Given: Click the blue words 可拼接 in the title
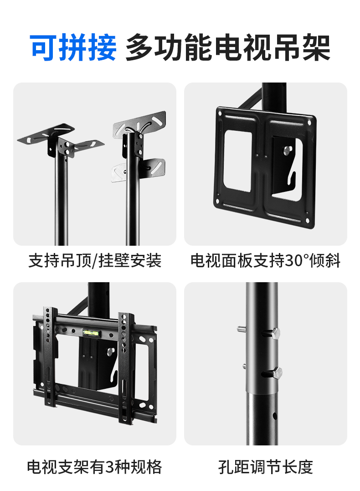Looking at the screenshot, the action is point(73,47).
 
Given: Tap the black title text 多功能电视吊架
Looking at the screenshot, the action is point(228,47).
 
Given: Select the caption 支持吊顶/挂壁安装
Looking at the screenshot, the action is point(95,261).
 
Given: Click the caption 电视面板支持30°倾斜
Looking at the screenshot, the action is point(266,261).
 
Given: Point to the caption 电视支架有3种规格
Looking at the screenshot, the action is point(94,467).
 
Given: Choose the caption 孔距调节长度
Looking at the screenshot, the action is point(266,467).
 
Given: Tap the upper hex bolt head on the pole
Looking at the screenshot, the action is point(275,333).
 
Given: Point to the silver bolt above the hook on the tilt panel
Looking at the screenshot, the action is point(288,150).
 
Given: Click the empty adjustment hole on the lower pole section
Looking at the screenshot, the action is point(274,416).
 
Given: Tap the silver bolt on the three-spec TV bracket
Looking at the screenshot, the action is point(111,351).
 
